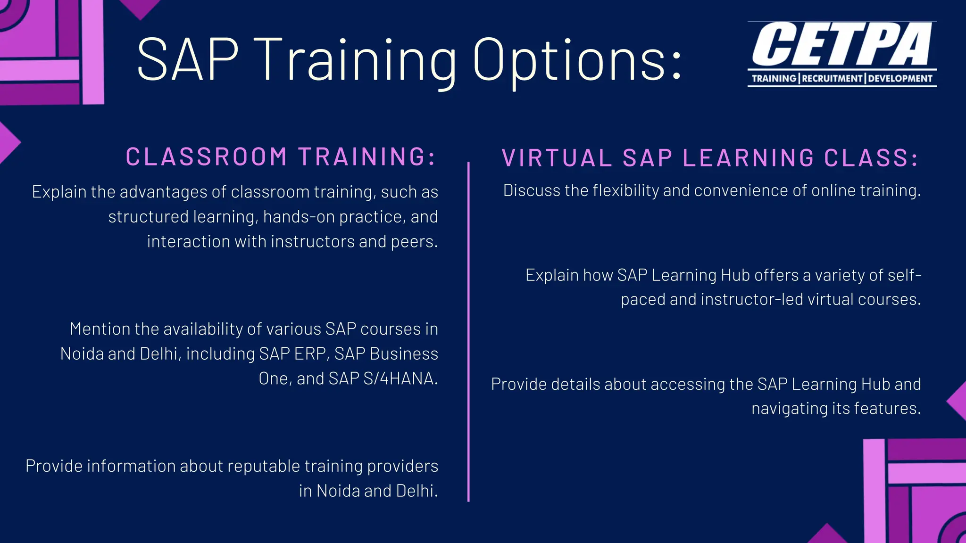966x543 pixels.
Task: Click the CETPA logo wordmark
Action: (x=842, y=45)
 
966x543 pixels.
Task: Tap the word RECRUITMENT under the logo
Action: (x=833, y=78)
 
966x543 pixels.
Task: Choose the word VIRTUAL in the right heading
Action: (x=557, y=158)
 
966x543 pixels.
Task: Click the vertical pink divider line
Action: (x=468, y=330)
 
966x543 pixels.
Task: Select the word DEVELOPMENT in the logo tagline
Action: (x=900, y=78)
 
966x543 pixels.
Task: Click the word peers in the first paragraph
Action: (x=415, y=241)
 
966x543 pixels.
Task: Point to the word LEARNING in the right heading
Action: (x=749, y=158)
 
